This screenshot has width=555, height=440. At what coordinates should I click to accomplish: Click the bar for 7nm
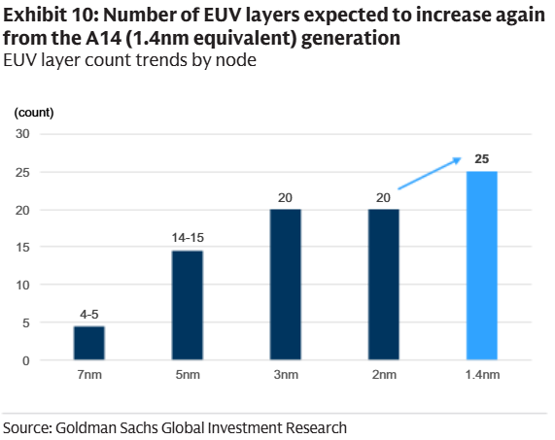89,343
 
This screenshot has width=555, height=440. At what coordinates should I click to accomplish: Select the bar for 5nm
188,305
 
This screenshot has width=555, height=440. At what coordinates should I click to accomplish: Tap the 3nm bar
285,285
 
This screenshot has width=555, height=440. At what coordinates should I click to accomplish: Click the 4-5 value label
89,315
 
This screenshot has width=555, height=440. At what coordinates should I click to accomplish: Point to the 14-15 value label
188,238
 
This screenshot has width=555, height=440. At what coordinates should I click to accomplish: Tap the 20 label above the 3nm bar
285,197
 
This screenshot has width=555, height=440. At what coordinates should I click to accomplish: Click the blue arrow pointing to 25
428,175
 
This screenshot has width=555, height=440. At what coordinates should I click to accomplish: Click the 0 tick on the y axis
28,361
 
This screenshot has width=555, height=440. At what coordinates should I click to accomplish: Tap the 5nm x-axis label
188,376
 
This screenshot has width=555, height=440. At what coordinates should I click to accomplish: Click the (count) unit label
34,112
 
